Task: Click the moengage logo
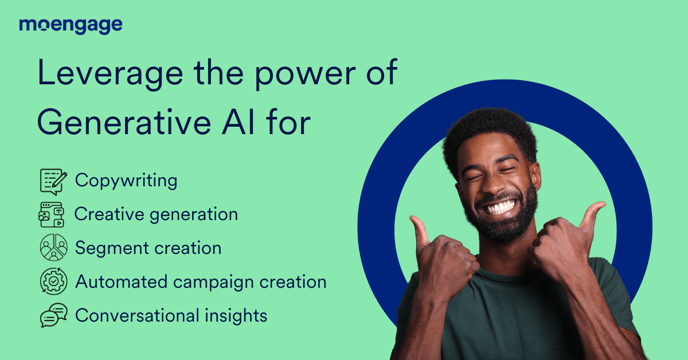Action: pyautogui.click(x=71, y=26)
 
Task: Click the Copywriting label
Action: pyautogui.click(x=126, y=181)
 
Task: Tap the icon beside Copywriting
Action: pyautogui.click(x=53, y=182)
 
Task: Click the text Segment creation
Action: pyautogui.click(x=148, y=248)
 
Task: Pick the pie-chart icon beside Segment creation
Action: pyautogui.click(x=53, y=248)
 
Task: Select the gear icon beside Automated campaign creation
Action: pyautogui.click(x=53, y=281)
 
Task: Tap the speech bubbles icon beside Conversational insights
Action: pyautogui.click(x=53, y=315)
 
